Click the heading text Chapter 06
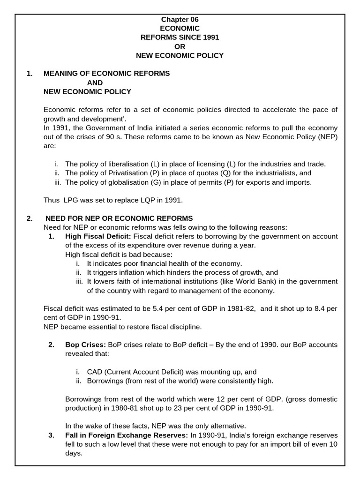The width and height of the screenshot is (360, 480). pyautogui.click(x=180, y=19)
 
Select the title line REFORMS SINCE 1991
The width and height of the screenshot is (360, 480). pyautogui.click(x=180, y=37)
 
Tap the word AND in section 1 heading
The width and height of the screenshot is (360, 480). pyautogui.click(x=95, y=82)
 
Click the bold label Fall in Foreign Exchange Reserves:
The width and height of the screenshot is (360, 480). pyautogui.click(x=127, y=435)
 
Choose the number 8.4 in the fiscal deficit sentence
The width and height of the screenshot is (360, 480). pyautogui.click(x=317, y=309)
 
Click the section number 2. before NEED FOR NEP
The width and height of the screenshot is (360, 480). pyautogui.click(x=30, y=218)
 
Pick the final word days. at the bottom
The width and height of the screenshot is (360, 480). pyautogui.click(x=73, y=453)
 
